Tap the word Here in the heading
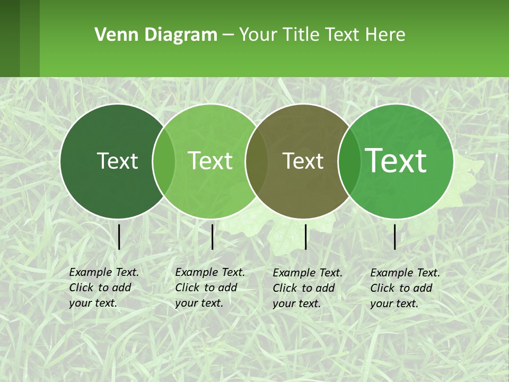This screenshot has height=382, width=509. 387,35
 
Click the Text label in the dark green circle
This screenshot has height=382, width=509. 117,161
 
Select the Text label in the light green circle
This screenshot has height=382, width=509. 210,161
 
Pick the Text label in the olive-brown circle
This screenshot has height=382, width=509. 303,161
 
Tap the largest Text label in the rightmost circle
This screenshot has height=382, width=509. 396,160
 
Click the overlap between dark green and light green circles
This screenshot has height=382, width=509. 164,161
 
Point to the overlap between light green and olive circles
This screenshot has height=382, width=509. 257,161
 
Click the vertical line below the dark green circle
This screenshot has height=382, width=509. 119,237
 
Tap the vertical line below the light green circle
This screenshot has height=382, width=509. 212,237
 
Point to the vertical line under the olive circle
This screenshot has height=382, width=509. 305,237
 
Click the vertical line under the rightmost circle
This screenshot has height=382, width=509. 395,237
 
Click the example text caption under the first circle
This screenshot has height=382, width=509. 103,288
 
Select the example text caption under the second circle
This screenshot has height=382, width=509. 209,288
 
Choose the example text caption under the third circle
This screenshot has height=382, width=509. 307,288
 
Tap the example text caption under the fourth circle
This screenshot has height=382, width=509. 405,288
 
